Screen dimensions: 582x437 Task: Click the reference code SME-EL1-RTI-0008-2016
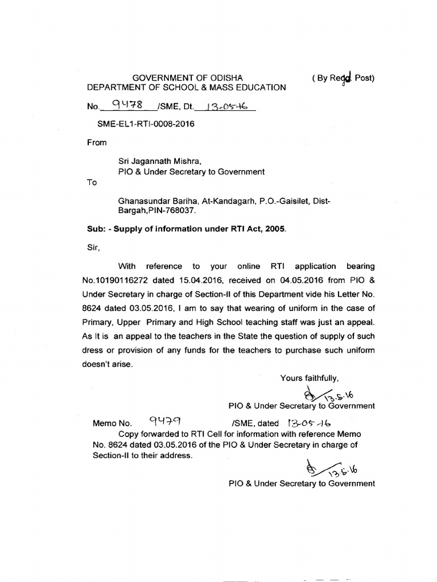tap(146, 124)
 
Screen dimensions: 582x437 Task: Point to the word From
tap(96, 143)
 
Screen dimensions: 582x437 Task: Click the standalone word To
tap(92, 182)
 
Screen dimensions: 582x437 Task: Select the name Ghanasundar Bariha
tap(152, 201)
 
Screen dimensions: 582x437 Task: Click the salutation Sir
tap(93, 248)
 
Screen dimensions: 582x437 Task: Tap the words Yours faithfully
tap(310, 378)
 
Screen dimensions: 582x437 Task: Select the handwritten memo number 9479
tap(165, 422)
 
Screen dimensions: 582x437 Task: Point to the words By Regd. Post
tap(344, 78)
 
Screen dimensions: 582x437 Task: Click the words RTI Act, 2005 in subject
tap(257, 229)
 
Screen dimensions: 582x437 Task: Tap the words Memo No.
tap(112, 423)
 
